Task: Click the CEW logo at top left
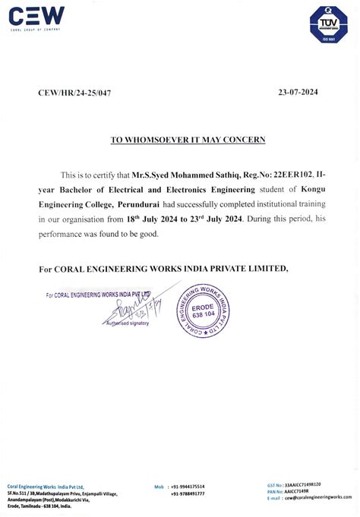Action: [x=36, y=17]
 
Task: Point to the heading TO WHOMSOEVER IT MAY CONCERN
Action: [x=179, y=140]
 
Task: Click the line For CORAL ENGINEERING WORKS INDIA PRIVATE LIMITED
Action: [x=163, y=268]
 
